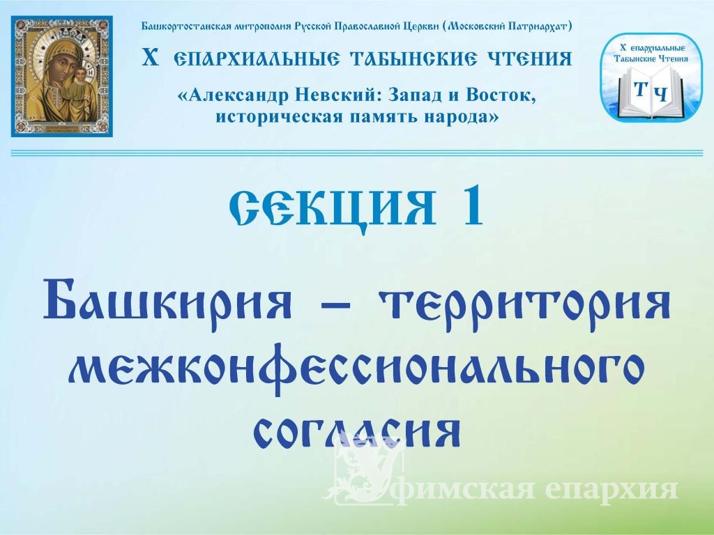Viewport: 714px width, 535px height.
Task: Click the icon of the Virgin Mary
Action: (62, 77)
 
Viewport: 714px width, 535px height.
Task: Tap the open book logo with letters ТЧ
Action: (651, 77)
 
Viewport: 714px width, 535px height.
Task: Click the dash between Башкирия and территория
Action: (336, 305)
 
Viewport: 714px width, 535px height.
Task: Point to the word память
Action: (384, 117)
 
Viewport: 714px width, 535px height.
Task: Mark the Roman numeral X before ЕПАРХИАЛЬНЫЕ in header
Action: (151, 59)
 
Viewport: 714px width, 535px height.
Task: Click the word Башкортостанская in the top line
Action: (186, 26)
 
